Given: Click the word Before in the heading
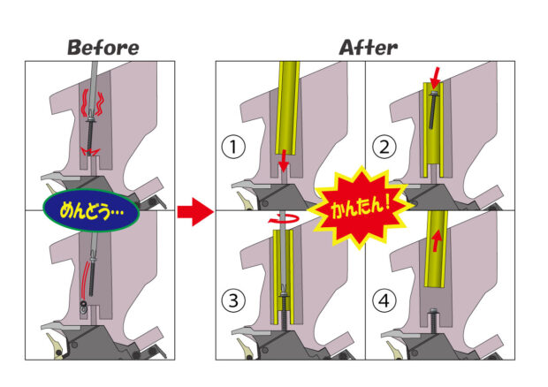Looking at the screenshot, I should point(103,47).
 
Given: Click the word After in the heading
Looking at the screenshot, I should point(368,47).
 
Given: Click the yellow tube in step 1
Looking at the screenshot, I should point(289,106).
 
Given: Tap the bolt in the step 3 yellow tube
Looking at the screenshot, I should point(284,292).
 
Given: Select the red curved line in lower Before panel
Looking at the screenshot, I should point(85,275).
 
